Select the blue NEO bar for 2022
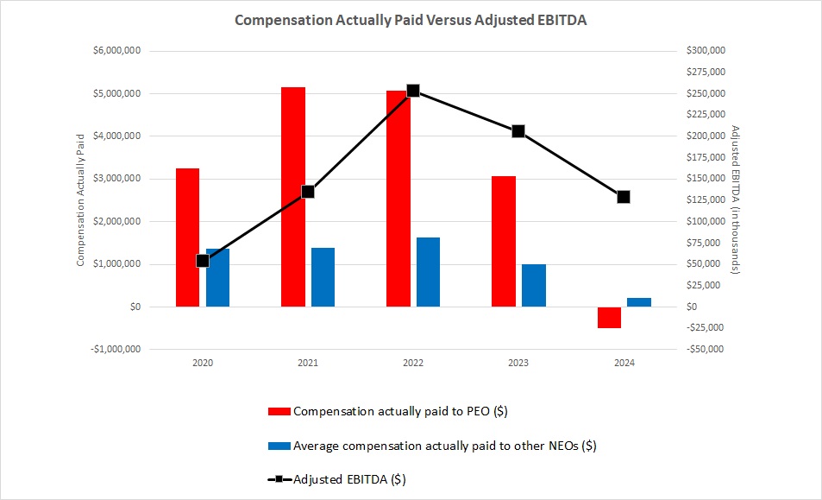(428, 272)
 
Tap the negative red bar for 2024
(609, 317)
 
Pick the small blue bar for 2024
(639, 302)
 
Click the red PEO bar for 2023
(504, 241)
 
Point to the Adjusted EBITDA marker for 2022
(413, 91)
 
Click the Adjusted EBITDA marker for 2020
(203, 260)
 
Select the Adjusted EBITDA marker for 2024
(624, 197)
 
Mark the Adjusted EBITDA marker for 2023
(518, 131)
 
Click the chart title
(411, 19)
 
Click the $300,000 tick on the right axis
(706, 51)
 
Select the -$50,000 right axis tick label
(705, 350)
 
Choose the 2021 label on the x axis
(308, 364)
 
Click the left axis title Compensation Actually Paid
(81, 199)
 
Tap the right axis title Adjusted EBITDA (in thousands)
(736, 199)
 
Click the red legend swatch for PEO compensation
(280, 412)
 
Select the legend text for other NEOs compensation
(445, 446)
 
